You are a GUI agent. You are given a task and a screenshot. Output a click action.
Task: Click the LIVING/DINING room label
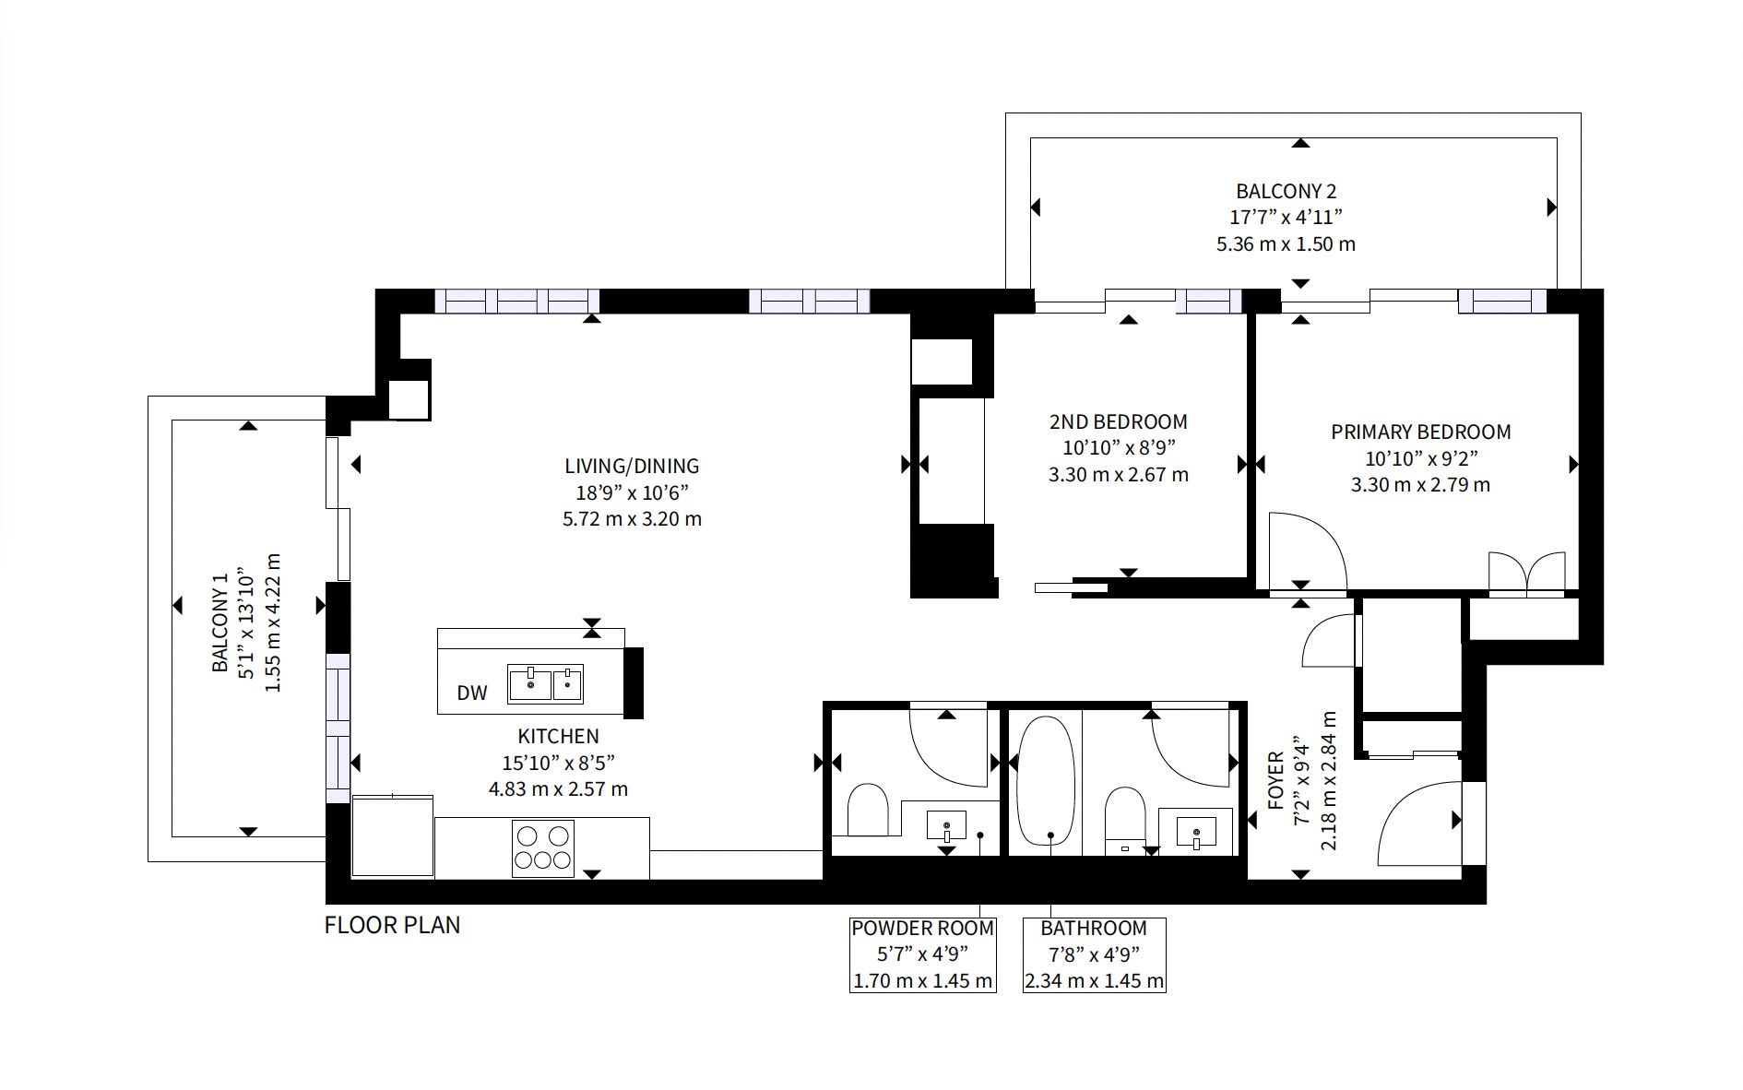point(632,467)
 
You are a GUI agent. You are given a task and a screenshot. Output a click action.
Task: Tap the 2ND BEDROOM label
point(1119,422)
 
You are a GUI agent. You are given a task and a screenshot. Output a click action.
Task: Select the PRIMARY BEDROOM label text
point(1420,432)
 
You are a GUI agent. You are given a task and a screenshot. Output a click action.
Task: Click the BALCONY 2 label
point(1286,192)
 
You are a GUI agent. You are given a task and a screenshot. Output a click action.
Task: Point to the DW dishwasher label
point(472,693)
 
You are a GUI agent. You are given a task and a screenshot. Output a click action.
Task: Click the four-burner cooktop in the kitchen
point(543,847)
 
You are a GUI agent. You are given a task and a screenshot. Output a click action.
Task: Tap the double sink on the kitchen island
point(545,684)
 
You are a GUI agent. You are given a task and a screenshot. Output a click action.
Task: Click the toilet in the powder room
point(867,810)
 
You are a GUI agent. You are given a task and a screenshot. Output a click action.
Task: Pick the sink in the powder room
point(946,824)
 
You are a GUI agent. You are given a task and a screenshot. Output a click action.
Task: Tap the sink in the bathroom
point(1196,832)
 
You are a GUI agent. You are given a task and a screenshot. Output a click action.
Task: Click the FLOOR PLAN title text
point(392,925)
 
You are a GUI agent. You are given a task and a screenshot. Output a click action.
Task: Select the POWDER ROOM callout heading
point(922,929)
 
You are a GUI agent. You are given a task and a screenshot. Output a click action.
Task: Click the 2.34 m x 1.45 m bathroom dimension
point(1095,981)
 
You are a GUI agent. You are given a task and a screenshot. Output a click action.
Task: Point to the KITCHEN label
point(558,737)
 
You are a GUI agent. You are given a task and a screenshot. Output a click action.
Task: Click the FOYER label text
point(1276,780)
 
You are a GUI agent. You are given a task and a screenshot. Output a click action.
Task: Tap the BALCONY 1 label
point(219,623)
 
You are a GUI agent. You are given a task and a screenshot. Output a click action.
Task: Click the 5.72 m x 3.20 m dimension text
point(632,519)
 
